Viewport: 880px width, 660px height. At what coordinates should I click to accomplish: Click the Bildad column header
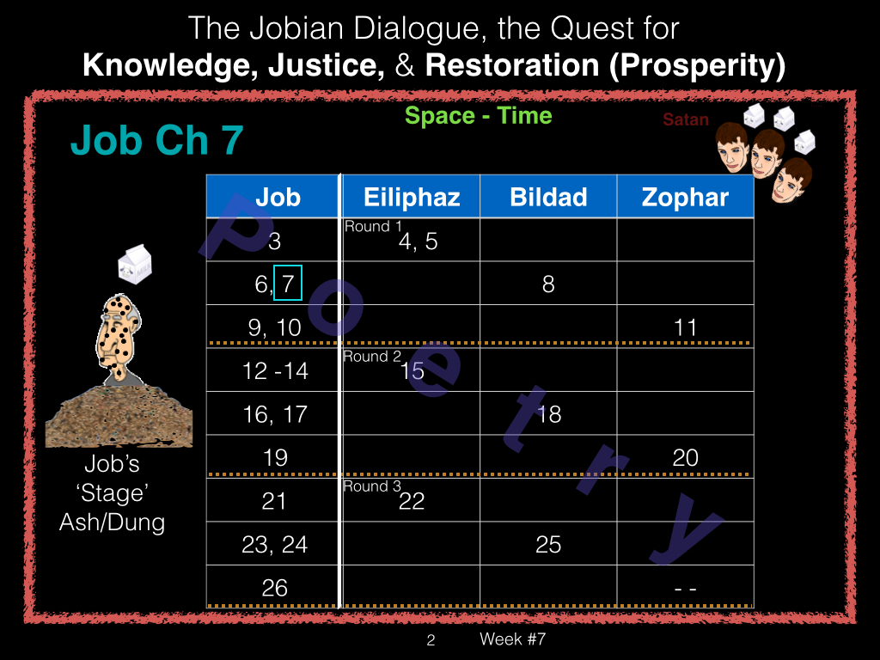[548, 197]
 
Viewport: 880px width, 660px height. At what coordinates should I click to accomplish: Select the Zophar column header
[685, 197]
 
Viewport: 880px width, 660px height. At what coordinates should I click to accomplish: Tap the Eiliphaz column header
[412, 197]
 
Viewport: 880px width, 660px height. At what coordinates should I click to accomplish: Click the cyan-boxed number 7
[288, 283]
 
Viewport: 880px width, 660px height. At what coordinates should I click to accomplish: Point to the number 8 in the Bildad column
[548, 284]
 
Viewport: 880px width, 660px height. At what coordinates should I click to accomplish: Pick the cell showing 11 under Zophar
[685, 327]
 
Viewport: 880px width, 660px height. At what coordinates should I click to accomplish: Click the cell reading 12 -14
[274, 370]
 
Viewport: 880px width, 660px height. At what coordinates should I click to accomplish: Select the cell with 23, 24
[274, 544]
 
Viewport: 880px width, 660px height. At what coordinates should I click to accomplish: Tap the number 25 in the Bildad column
[548, 544]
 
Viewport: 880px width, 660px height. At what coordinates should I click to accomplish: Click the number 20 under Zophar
[685, 457]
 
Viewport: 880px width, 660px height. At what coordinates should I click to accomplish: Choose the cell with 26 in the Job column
[274, 587]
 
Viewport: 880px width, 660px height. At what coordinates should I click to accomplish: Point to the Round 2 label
[372, 357]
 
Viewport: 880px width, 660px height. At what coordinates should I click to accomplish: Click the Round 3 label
[372, 486]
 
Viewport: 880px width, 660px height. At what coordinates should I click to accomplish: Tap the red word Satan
[685, 119]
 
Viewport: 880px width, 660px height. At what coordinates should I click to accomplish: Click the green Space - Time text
[478, 116]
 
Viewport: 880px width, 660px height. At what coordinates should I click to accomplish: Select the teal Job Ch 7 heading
[156, 139]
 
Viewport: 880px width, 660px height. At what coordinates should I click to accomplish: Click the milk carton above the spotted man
[135, 264]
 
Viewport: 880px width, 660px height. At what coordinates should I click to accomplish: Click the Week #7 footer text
[512, 639]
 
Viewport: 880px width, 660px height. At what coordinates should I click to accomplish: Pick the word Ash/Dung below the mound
[113, 522]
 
